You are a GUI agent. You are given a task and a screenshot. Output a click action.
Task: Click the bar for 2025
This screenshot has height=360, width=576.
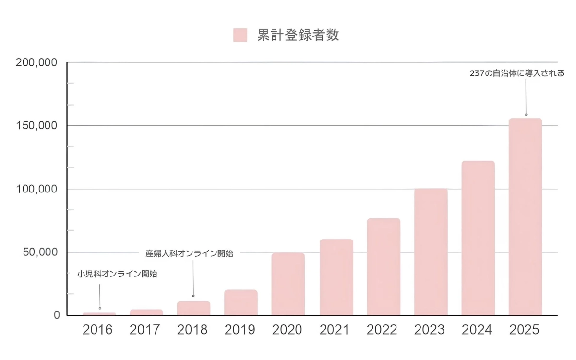pos(525,217)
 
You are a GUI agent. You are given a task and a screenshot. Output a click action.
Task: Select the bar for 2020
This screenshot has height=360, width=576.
pos(288,284)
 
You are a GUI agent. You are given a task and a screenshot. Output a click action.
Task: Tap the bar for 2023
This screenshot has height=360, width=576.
pos(431,252)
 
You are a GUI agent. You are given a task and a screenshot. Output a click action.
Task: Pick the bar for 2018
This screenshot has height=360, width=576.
pos(193,308)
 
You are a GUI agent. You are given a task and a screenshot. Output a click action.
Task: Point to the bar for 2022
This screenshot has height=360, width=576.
pos(383,267)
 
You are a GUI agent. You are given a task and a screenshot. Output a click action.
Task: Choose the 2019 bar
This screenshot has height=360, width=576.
pos(240,302)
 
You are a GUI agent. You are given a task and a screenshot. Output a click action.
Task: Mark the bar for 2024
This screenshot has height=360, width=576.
pos(478,238)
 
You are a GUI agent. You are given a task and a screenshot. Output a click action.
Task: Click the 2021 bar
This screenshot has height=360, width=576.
pos(336,277)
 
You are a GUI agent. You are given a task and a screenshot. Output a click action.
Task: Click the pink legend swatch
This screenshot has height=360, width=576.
pos(240,35)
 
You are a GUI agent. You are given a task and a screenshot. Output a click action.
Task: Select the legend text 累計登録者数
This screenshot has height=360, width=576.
pos(298,35)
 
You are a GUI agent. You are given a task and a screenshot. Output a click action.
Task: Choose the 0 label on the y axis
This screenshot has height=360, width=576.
pos(57,315)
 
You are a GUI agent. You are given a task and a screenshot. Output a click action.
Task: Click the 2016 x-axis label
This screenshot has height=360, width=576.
pos(97,330)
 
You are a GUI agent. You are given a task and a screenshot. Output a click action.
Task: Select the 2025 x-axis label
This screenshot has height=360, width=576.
pos(524,330)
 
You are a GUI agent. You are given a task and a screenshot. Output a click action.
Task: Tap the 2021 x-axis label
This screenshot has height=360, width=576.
pos(335,330)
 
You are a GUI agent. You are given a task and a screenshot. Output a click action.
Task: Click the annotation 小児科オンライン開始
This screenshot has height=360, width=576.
pos(117,275)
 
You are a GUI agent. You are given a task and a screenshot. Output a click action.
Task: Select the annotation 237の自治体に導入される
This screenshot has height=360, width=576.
pos(516,74)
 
